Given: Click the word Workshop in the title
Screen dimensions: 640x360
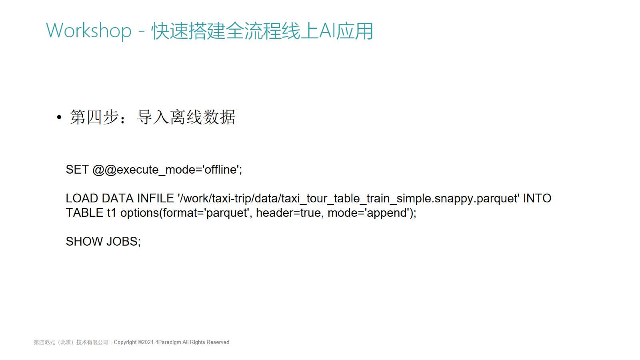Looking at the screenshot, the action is (x=88, y=31).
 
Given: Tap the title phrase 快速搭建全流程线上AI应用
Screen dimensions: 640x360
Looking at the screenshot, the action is (x=262, y=31).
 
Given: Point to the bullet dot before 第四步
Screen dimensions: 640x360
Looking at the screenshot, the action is (x=59, y=117).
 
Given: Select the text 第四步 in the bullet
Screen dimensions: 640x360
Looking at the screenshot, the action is (x=94, y=117).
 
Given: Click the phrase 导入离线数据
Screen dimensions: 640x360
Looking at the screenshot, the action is (x=186, y=117).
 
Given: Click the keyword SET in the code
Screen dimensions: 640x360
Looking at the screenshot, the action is (x=77, y=170).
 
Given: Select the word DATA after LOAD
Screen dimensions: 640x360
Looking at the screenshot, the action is (x=118, y=198).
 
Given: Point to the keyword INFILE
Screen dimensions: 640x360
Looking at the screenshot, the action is (x=156, y=198).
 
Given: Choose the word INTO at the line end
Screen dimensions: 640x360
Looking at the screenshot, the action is (x=537, y=198).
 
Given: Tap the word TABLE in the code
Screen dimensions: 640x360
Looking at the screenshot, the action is (x=84, y=213).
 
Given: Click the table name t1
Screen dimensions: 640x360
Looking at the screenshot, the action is (x=112, y=213).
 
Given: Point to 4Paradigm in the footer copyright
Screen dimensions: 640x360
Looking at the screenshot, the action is (x=168, y=342).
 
